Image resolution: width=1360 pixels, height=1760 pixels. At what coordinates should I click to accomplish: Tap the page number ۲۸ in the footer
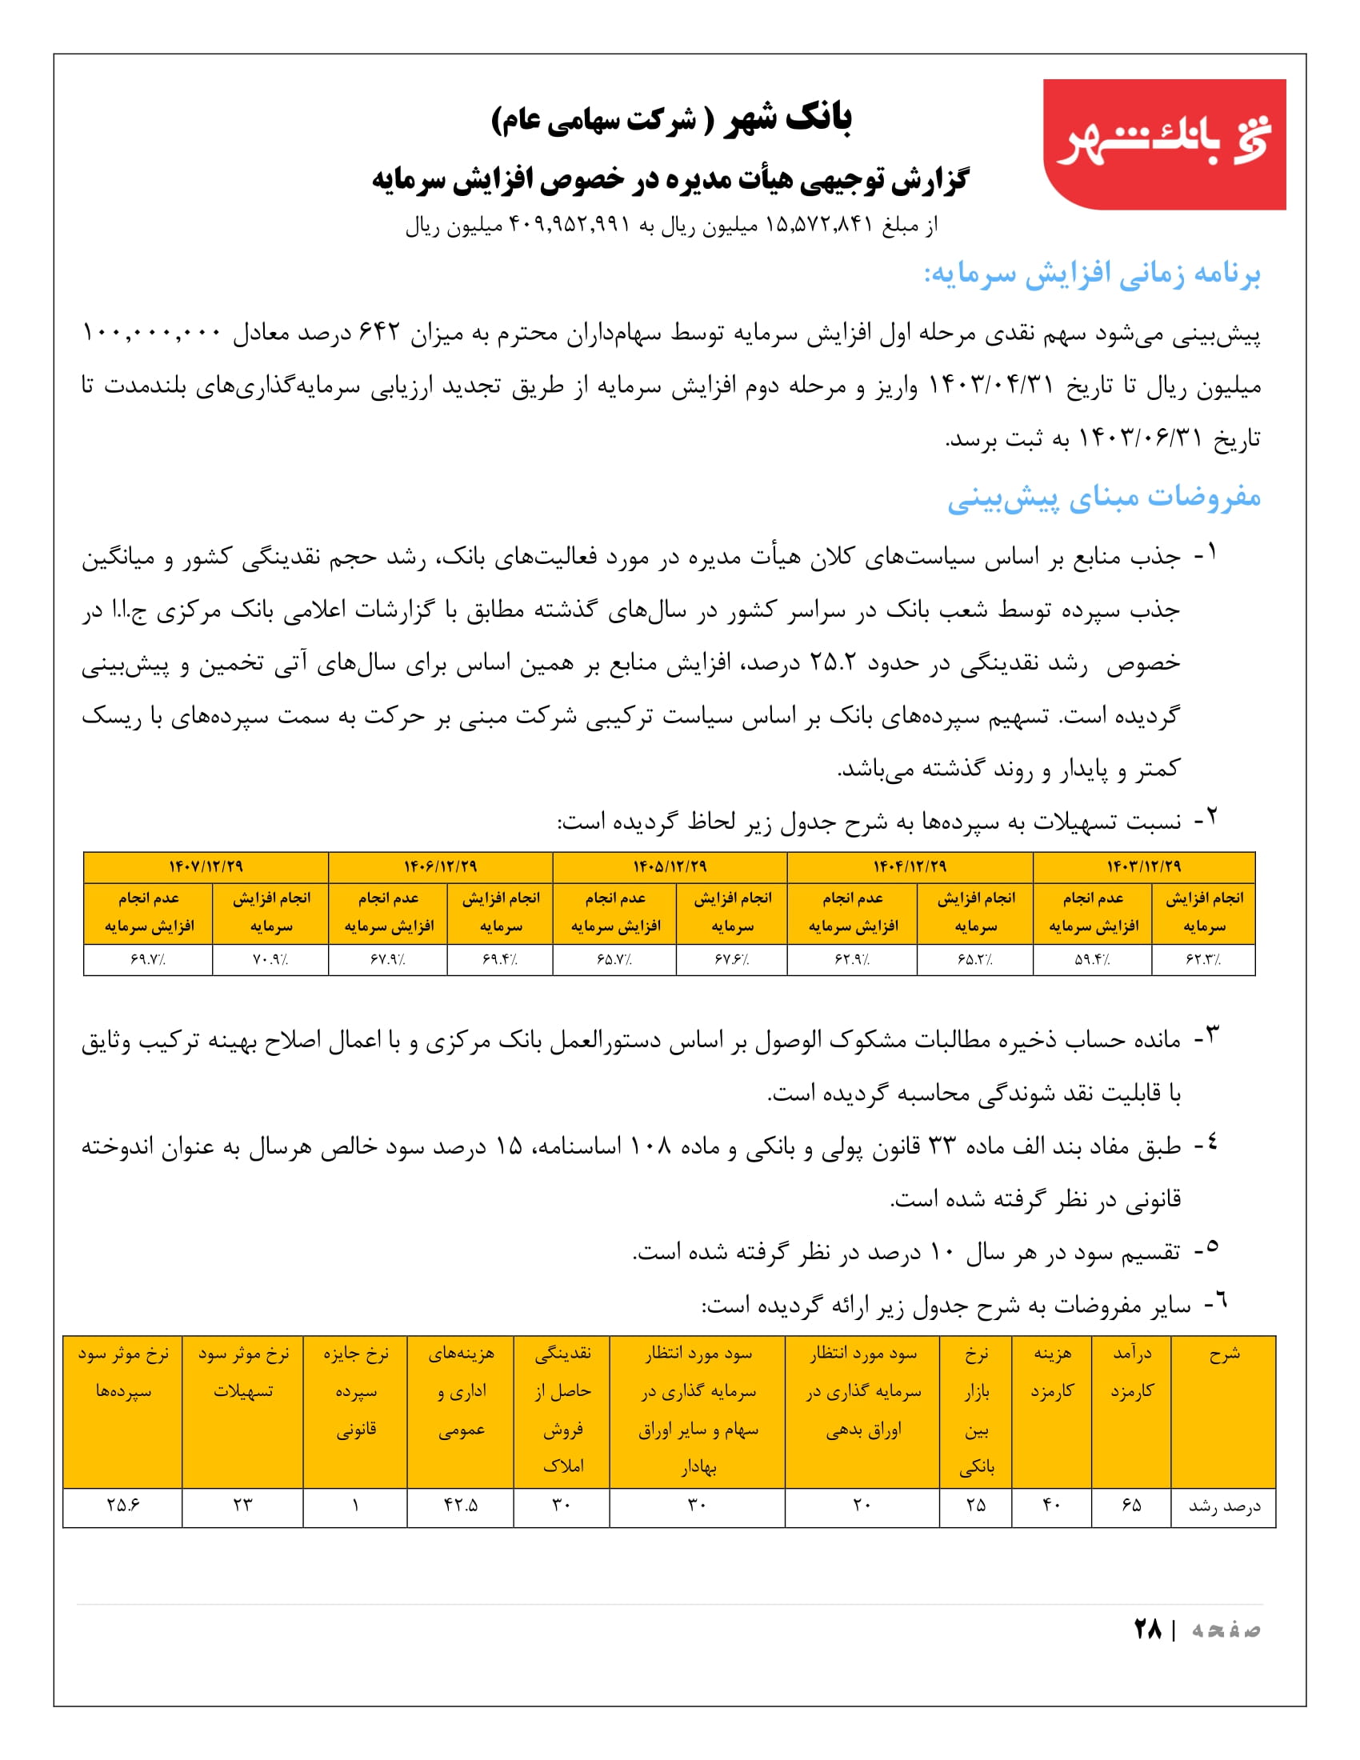(x=1147, y=1629)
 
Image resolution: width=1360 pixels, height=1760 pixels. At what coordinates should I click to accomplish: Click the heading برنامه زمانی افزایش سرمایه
(x=1092, y=274)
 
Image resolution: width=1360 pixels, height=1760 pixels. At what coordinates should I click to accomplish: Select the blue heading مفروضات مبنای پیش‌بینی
(x=1104, y=498)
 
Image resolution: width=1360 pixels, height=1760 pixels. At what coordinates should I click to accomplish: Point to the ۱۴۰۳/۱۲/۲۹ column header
(x=1143, y=866)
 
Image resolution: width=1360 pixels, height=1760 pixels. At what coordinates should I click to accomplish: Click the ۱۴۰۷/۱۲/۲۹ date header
(x=206, y=866)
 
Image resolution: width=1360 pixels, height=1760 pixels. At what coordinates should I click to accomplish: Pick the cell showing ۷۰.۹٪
(x=270, y=960)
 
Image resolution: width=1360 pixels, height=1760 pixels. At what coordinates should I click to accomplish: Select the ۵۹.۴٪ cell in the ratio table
(x=1093, y=960)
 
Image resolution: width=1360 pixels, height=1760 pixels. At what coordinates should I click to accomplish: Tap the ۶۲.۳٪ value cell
(x=1204, y=960)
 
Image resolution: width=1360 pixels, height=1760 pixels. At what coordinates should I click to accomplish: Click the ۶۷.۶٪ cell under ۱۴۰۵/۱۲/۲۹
(x=731, y=960)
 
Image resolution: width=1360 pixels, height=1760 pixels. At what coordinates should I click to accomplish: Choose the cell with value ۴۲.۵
(x=460, y=1505)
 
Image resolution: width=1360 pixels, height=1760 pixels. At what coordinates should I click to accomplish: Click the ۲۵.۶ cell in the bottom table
(x=122, y=1505)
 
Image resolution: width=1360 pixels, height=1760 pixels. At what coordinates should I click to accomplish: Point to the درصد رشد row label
(x=1224, y=1506)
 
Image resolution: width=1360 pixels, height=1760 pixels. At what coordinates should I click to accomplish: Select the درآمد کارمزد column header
(x=1132, y=1372)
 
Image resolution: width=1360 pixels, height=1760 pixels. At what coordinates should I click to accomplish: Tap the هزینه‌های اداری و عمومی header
(x=461, y=1391)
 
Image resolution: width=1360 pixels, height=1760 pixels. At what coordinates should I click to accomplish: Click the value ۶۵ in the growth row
(x=1131, y=1505)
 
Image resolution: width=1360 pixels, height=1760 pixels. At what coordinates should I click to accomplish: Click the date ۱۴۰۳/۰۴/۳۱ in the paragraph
(x=992, y=386)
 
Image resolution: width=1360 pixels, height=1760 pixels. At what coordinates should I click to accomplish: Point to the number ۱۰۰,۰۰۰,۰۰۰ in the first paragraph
(x=151, y=333)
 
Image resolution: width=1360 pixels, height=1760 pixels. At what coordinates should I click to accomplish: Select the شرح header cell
(x=1224, y=1355)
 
